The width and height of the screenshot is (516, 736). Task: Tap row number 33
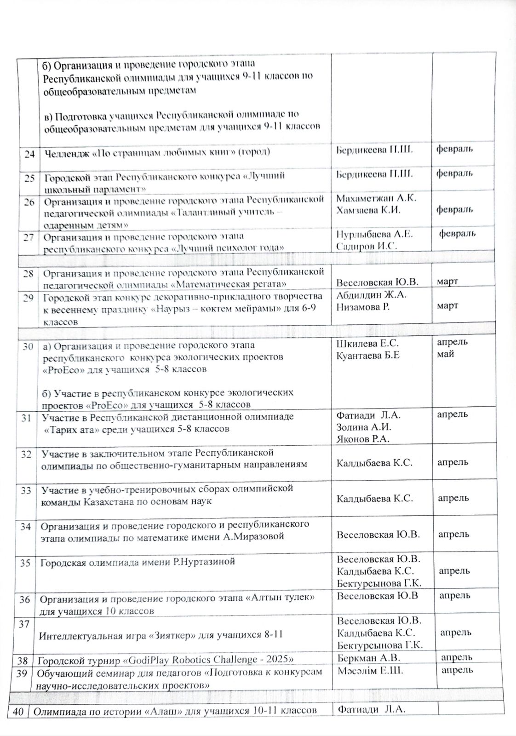(27, 490)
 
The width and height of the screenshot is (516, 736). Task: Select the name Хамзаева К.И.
(368, 210)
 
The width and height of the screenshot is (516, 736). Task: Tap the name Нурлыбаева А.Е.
(375, 234)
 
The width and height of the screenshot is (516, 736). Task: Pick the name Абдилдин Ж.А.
(372, 295)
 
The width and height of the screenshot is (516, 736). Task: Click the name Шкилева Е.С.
(367, 343)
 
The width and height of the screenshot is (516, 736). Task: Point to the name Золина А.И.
(364, 427)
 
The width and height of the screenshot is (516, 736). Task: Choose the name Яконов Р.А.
(363, 439)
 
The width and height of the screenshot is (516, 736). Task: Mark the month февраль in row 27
(457, 234)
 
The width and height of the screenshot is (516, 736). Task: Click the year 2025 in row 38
(280, 660)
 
